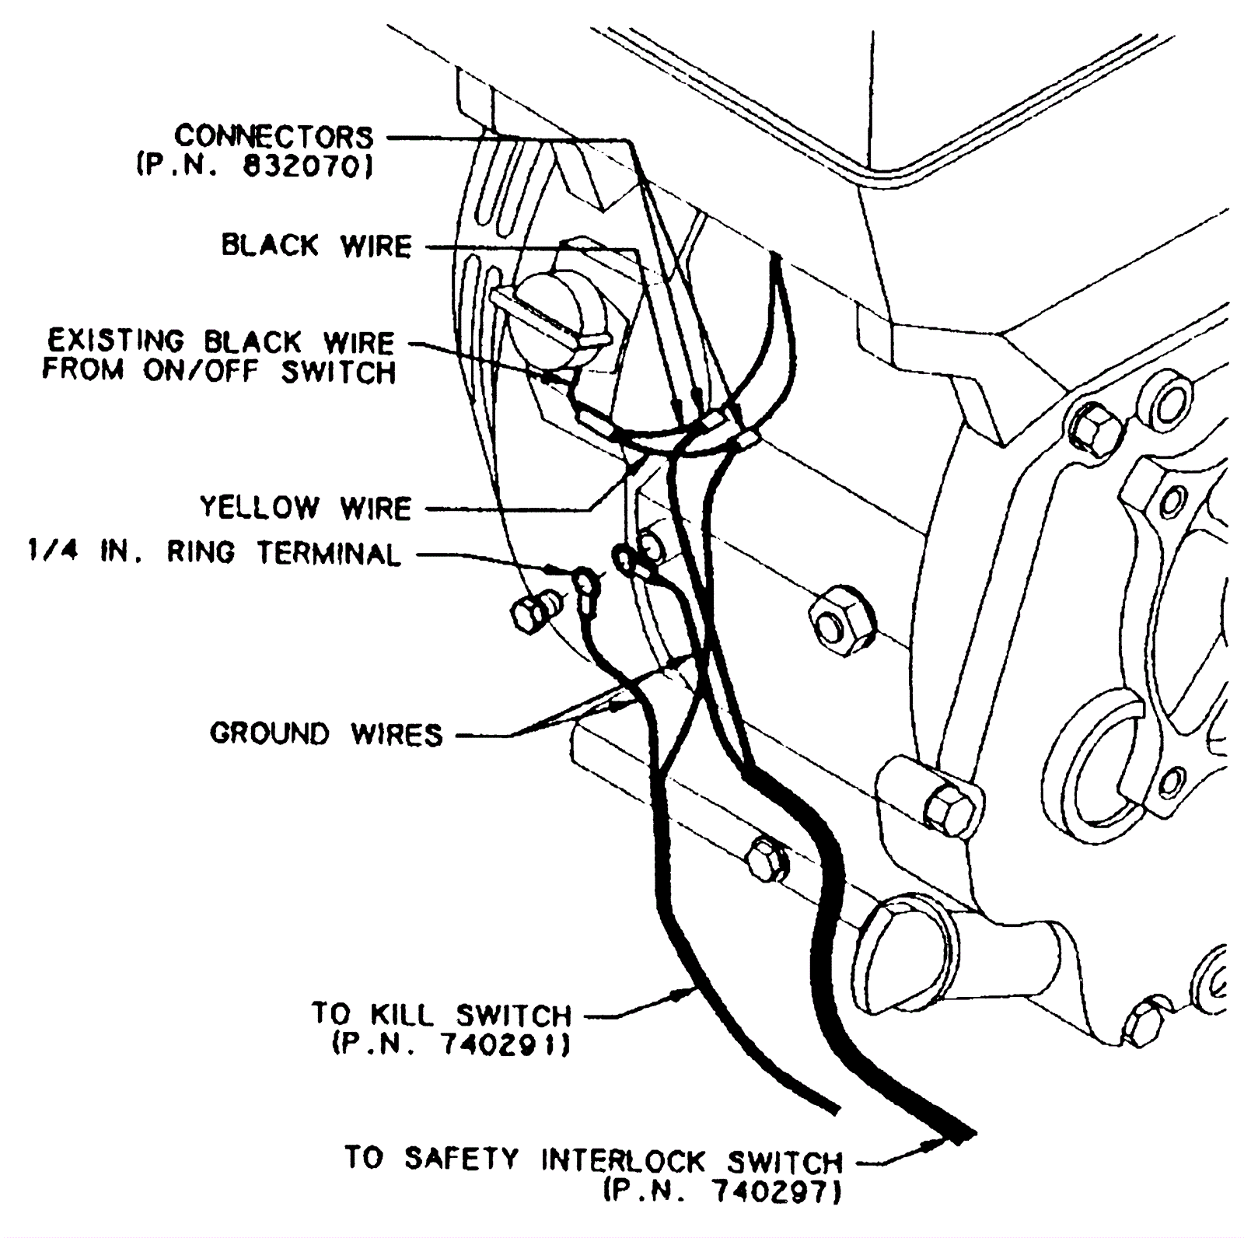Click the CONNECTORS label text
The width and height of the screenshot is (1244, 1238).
click(x=274, y=137)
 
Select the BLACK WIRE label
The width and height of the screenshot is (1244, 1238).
click(x=316, y=246)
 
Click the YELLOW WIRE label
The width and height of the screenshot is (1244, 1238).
click(x=306, y=508)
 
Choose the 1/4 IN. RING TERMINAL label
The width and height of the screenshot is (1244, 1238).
click(x=214, y=553)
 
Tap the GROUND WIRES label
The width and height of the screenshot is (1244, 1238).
click(x=327, y=733)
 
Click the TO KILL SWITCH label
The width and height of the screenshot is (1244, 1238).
click(x=442, y=1014)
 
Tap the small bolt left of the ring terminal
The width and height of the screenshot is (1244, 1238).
click(x=533, y=613)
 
